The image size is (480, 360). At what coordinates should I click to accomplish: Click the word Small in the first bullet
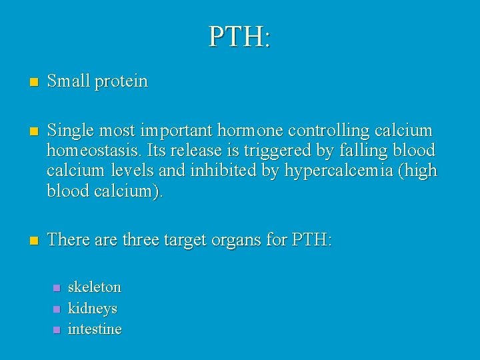69,82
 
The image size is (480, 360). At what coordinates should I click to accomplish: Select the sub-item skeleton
95,287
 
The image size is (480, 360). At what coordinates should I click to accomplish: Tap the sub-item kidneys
93,309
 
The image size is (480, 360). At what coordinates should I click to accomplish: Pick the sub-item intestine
95,329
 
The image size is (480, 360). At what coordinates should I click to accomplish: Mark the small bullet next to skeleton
56,288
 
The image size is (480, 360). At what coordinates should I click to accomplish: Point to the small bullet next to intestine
56,329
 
